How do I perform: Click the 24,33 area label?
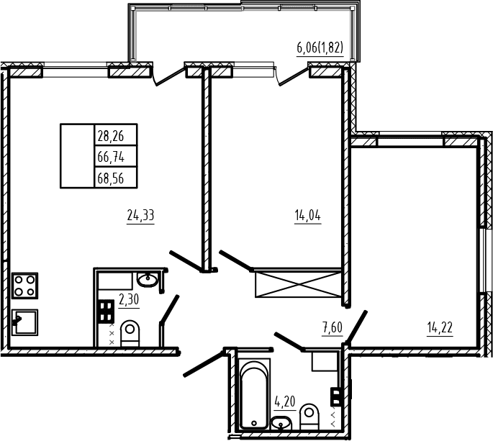pos(140,215)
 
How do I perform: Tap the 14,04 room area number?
pos(308,215)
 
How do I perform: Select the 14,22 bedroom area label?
pos(440,327)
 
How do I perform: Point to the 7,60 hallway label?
pos(332,327)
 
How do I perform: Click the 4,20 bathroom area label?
pos(285,401)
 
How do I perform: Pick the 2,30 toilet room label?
pos(129,299)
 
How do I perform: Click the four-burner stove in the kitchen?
pos(25,286)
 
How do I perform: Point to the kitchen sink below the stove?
pos(25,322)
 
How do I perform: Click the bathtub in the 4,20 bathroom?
pos(254,394)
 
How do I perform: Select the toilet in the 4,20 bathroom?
pos(309,417)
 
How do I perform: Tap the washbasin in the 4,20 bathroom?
pos(281,423)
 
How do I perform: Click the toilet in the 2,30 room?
pos(130,333)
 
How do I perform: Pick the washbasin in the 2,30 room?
pos(148,279)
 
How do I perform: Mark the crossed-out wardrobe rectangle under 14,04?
pos(298,284)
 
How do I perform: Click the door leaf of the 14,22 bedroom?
pos(356,327)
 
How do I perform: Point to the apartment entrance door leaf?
pos(204,363)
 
